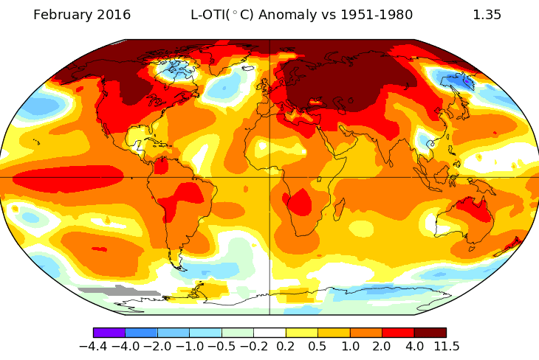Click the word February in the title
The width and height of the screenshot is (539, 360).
[66, 15]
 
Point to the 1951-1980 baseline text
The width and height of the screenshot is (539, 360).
[374, 15]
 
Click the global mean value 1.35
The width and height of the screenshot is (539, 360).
[487, 15]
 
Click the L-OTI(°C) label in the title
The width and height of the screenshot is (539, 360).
[222, 15]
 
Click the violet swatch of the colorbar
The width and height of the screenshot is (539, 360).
[109, 333]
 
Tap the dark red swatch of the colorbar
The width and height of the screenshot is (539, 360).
[430, 333]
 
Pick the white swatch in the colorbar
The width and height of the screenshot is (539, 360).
[269, 333]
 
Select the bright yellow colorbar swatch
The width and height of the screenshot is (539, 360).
[301, 333]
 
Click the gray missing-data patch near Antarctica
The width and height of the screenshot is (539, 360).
[118, 292]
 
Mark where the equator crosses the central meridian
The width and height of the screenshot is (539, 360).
[269, 177]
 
